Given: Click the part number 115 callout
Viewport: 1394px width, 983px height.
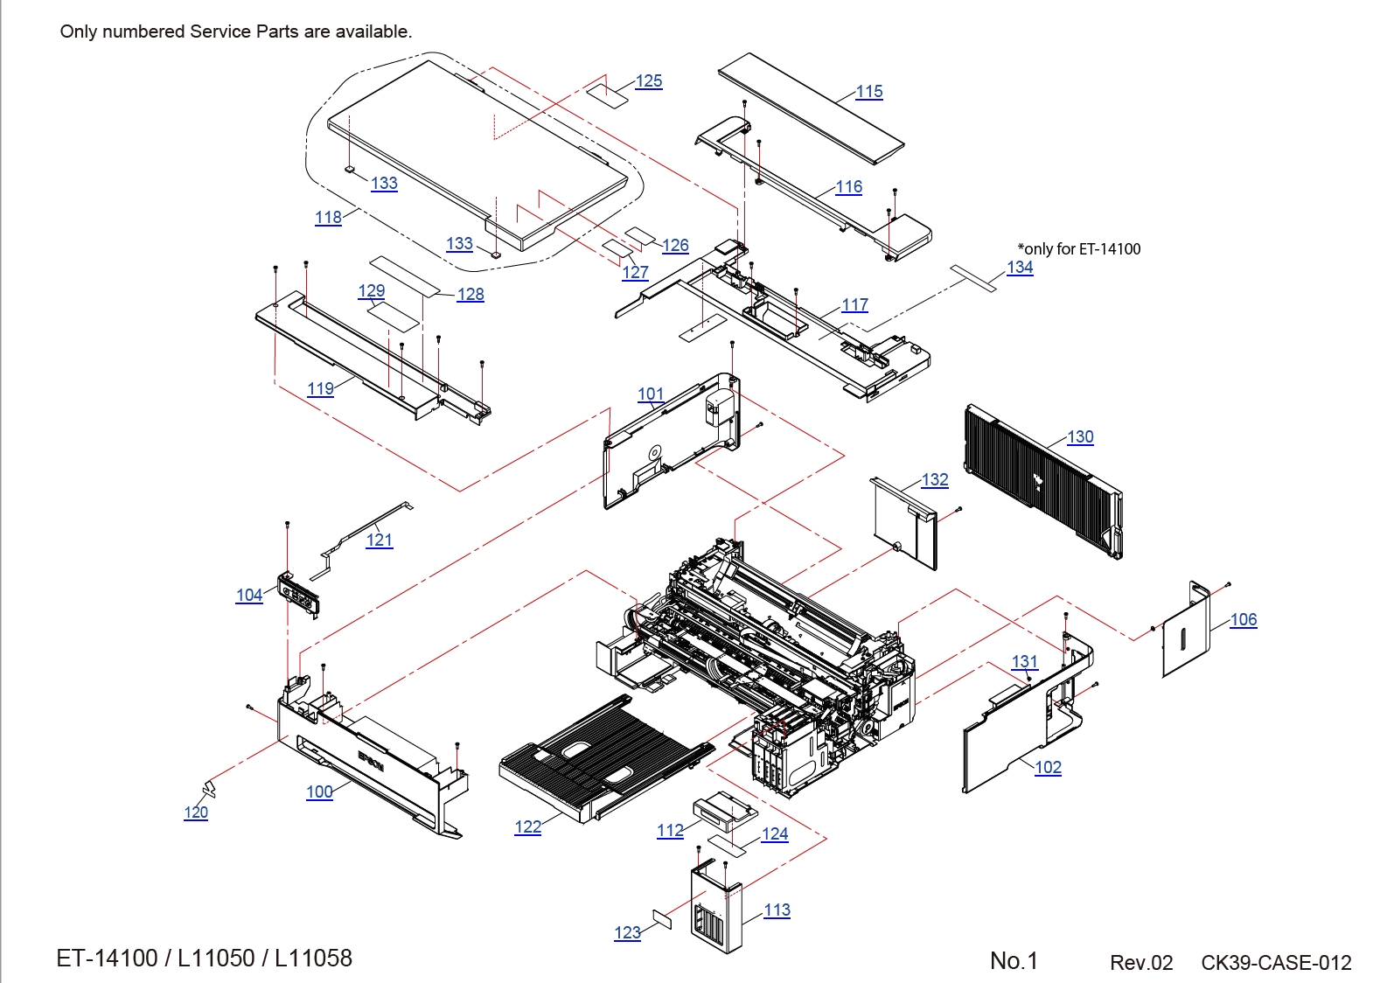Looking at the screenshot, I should pos(869,92).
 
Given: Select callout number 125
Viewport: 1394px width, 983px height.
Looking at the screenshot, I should pos(649,81).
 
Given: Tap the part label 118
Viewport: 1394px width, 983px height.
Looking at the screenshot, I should pos(328,218).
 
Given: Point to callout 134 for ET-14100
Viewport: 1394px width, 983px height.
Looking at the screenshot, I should pos(1020,268).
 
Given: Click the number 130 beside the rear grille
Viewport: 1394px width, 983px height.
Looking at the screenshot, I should pos(1080,437).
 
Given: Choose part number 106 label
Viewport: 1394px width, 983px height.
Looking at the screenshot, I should pos(1243,620).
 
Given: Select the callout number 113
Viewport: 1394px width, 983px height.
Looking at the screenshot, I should pos(777,910).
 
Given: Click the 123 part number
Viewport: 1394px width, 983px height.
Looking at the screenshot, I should pos(627,933).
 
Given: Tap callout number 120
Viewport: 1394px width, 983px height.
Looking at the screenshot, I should pos(196,812).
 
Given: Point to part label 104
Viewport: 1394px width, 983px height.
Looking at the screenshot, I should pos(249,596).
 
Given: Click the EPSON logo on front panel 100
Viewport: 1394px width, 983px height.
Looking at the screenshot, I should pos(371,762).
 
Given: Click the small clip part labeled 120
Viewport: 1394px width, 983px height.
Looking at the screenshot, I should pos(208,789).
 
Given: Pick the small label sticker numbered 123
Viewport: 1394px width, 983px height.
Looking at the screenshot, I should pos(662,918).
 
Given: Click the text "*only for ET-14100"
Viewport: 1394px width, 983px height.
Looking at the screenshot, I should pos(1079,249).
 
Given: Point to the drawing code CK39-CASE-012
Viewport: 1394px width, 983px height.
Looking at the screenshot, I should pos(1276,963).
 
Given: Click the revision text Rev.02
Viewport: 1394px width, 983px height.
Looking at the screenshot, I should pos(1141,963).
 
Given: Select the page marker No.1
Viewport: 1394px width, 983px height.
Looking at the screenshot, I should pos(1014,961).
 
